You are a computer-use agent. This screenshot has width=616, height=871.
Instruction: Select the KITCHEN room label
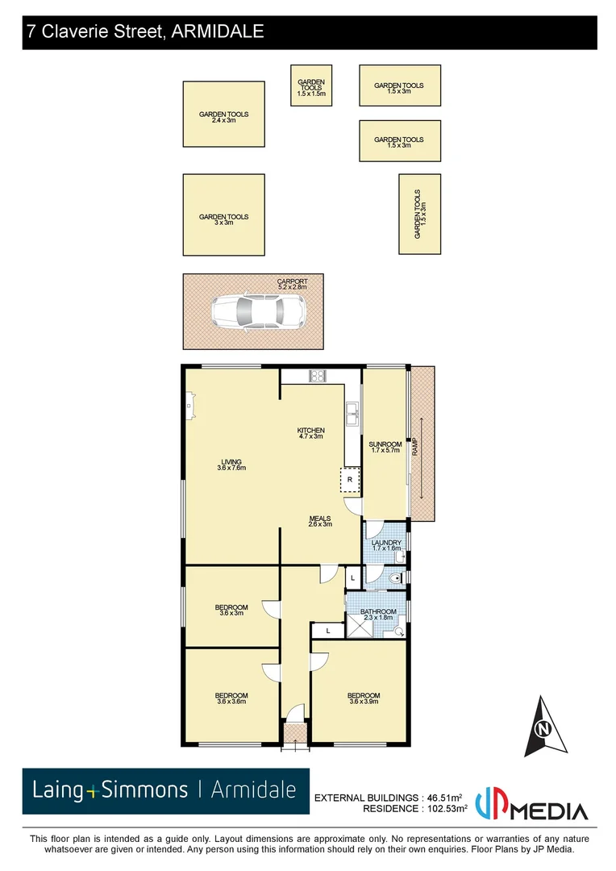tap(310, 433)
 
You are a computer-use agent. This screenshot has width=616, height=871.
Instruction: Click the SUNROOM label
tap(385, 448)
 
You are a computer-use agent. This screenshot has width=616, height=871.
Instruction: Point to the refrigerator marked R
tap(350, 480)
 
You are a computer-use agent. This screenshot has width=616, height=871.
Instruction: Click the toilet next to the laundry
tap(394, 577)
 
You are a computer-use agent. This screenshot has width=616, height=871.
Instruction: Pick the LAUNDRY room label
tap(385, 546)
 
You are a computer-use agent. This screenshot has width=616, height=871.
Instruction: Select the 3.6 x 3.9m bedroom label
tap(363, 698)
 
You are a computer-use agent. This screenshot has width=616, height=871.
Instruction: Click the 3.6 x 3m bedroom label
tap(231, 610)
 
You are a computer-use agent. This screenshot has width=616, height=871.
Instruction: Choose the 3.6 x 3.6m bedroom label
tap(231, 698)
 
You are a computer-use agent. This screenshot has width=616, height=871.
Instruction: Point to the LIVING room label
tap(231, 465)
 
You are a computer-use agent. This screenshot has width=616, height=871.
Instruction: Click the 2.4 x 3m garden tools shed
tap(223, 117)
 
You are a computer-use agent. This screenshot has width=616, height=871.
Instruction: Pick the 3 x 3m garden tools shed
tap(223, 219)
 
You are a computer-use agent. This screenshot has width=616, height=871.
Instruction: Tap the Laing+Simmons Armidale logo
tap(165, 790)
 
